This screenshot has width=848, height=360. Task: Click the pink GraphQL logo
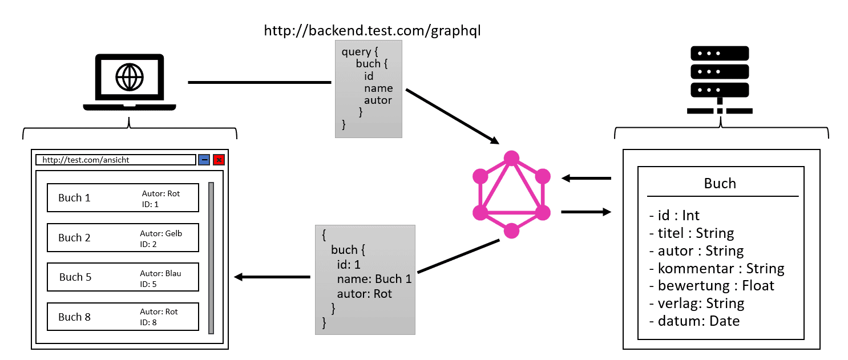point(511,194)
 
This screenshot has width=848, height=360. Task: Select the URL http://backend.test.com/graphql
point(373,31)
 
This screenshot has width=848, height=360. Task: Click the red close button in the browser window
point(219,160)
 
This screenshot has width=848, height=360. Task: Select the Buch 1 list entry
point(123,198)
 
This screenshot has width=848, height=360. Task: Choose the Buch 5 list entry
point(123,277)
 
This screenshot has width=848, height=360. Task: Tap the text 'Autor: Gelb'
point(161,233)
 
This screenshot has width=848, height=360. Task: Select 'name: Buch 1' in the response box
point(374,279)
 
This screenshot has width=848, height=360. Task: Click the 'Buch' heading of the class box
point(720,183)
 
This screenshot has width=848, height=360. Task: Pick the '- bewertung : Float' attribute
point(712,285)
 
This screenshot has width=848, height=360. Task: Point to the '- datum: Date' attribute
point(694,321)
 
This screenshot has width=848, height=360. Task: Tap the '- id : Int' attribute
point(675,215)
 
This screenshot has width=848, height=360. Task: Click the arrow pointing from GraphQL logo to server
point(585,212)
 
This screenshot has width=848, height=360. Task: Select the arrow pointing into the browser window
point(272,277)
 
